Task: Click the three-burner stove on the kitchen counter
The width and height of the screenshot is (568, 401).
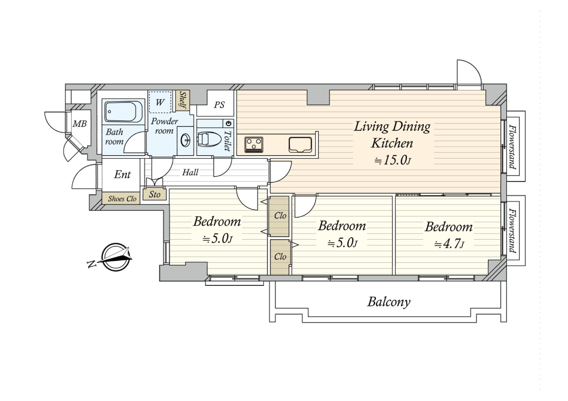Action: point(254,145)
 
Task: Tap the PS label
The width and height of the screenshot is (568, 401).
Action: point(219,105)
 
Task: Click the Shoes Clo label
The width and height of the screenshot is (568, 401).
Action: point(122,199)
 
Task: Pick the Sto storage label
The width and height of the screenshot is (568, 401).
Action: point(154,194)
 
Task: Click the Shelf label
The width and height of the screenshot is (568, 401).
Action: point(183,100)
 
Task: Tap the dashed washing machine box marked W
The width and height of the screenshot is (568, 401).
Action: point(160,102)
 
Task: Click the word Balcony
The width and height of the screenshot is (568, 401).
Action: point(389,302)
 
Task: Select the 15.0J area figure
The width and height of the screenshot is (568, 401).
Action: point(393,160)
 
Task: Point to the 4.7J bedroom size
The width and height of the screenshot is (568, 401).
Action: point(449,244)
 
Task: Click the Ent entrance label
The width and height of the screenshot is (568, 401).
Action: point(122,174)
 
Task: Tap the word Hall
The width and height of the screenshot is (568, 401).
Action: point(190,172)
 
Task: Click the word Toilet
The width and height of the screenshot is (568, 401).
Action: point(227,141)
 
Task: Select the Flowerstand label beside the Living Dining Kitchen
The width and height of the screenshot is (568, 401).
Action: point(513,147)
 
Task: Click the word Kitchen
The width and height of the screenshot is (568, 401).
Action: point(392,143)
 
